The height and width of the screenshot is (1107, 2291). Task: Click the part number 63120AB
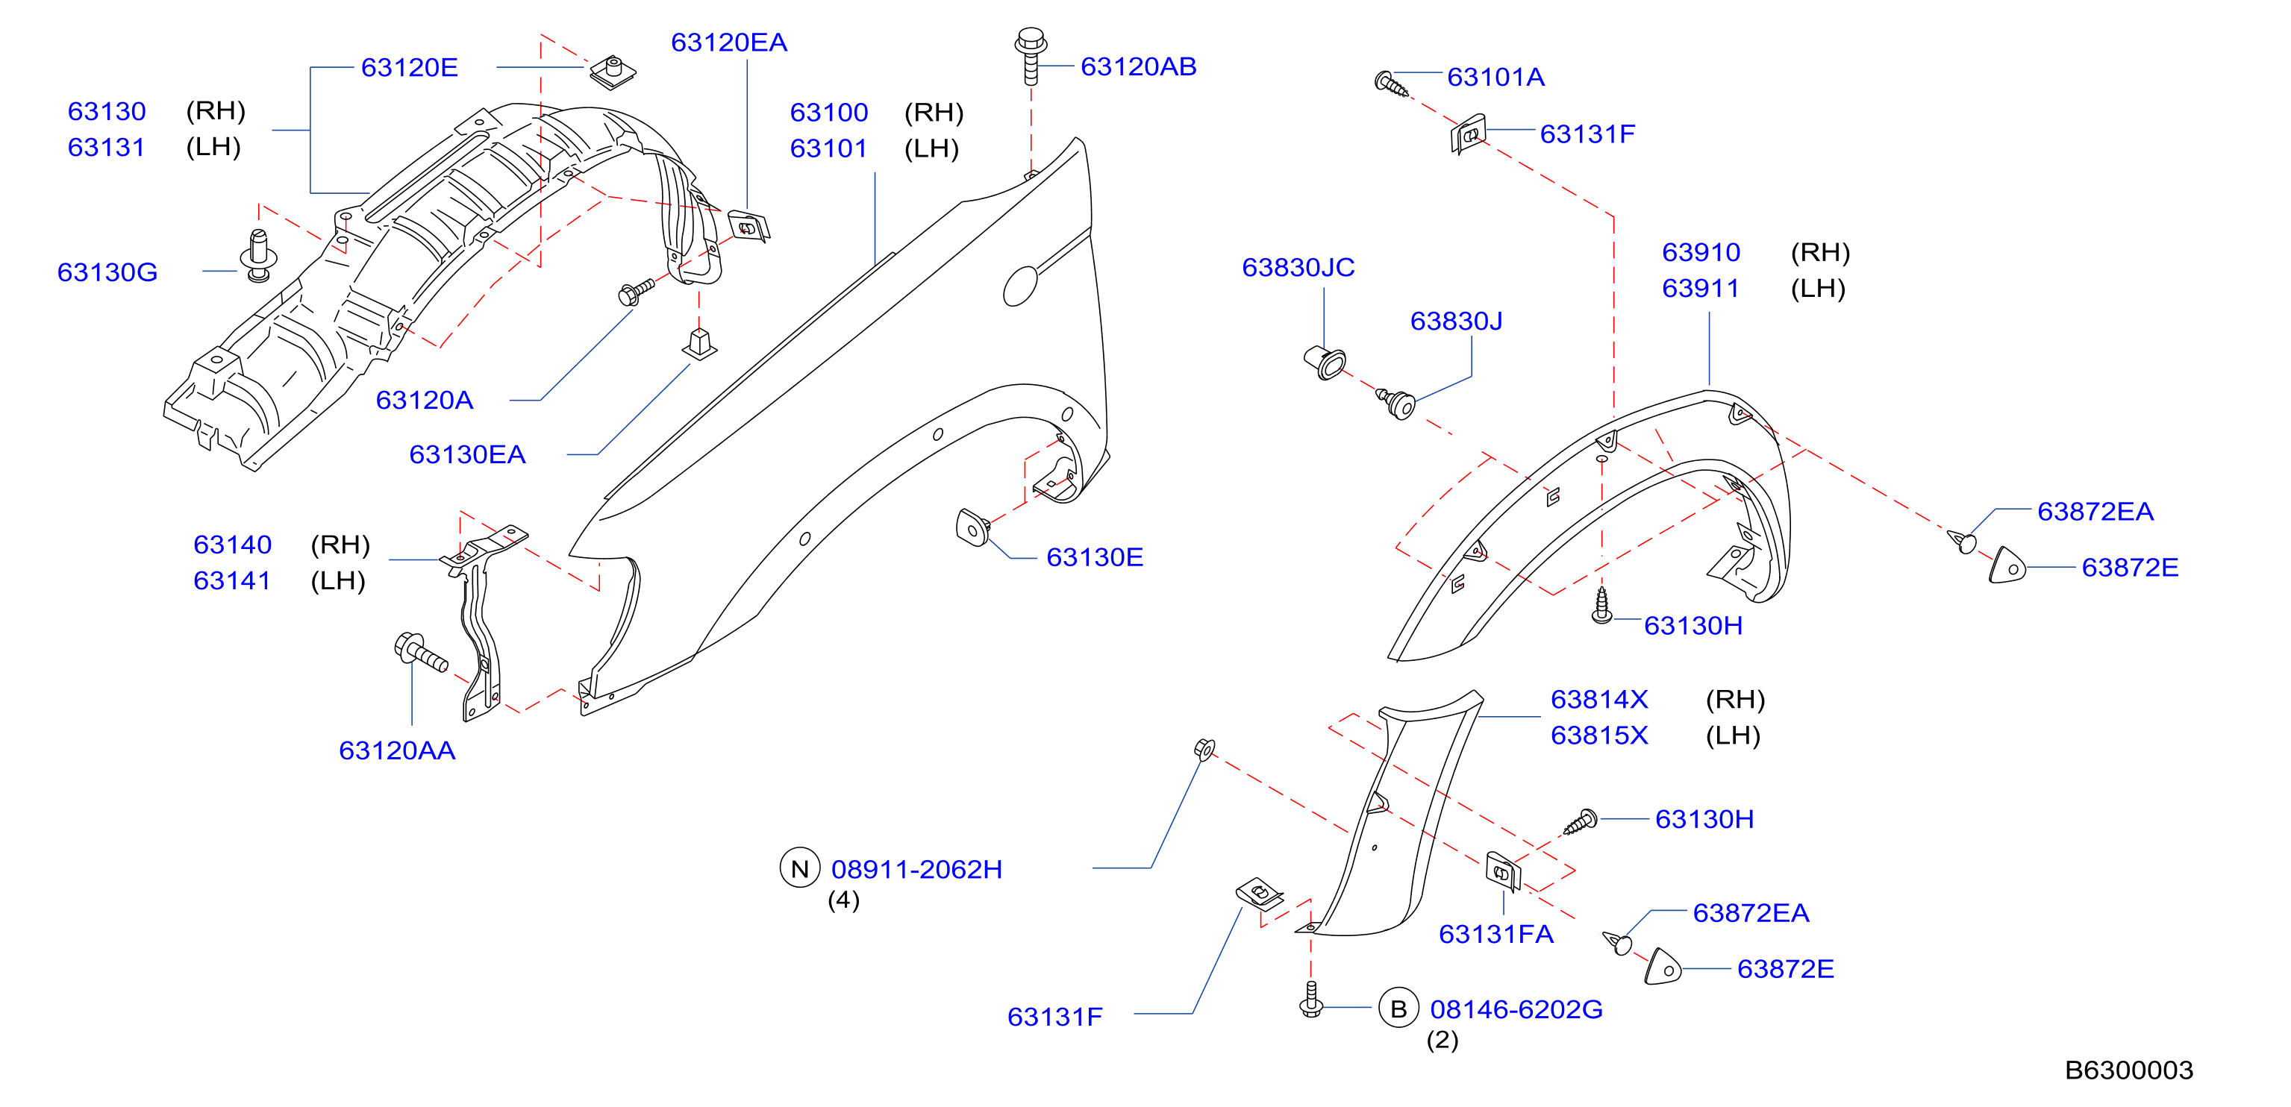pyautogui.click(x=1137, y=66)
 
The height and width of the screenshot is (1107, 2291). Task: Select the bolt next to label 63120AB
pyautogui.click(x=1030, y=56)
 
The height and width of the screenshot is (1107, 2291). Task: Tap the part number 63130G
pyautogui.click(x=107, y=272)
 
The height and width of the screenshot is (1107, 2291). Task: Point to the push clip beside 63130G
pyautogui.click(x=258, y=256)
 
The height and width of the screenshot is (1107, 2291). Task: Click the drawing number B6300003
pyautogui.click(x=2128, y=1070)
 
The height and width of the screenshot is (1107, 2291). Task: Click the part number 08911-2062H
pyautogui.click(x=916, y=869)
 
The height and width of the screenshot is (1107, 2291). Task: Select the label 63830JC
pyautogui.click(x=1298, y=268)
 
